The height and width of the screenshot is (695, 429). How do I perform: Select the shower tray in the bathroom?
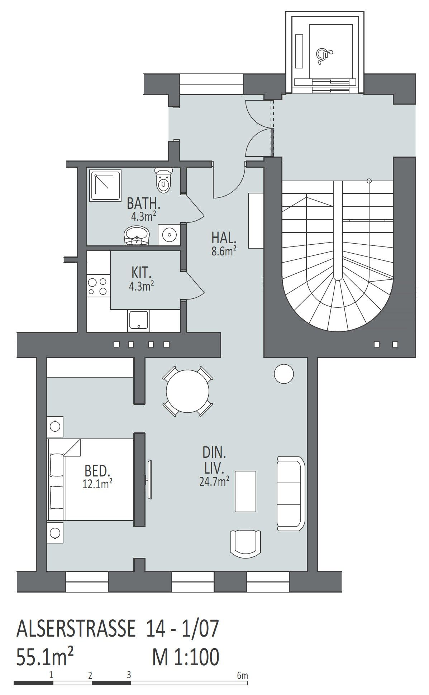coord(106,186)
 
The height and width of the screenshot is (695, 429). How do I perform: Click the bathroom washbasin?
coord(137,235)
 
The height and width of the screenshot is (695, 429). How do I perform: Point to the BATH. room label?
coord(143,204)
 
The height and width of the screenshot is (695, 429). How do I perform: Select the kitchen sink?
coord(138,321)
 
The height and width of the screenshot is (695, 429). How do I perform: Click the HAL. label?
coord(224,238)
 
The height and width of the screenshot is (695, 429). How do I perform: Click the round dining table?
coord(187,391)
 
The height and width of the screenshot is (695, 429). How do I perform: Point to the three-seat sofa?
coord(291,494)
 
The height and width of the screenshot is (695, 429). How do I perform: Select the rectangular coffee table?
coord(246,491)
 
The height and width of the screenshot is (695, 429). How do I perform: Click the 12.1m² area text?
coord(97,484)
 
